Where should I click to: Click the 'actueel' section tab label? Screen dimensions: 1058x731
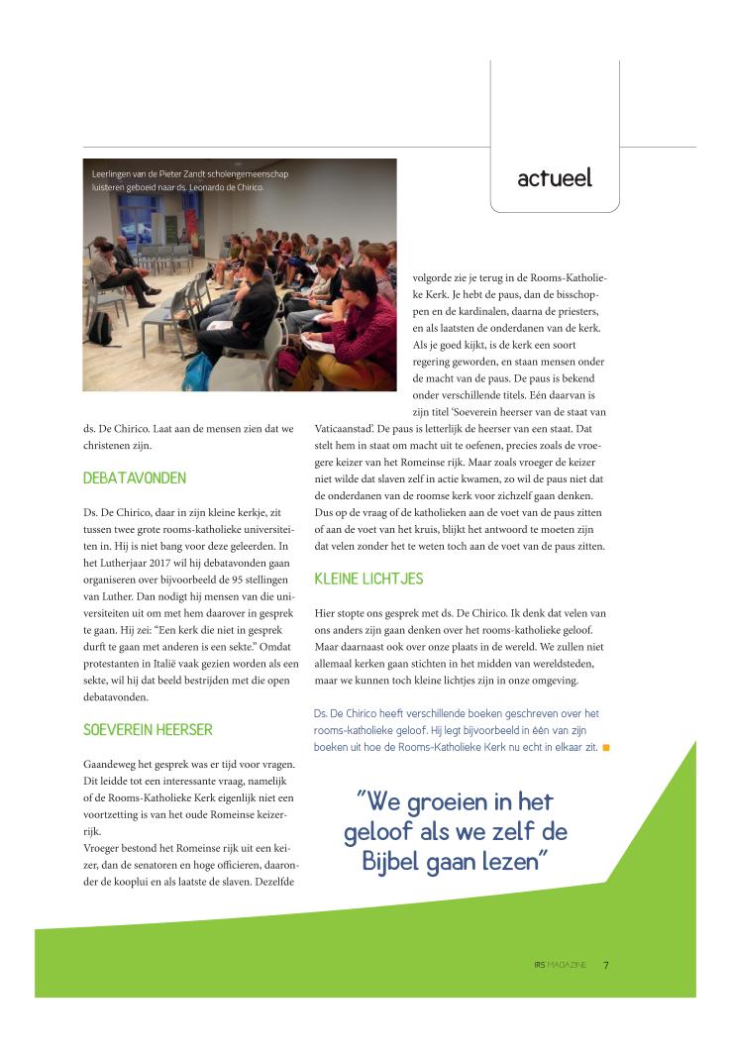(x=554, y=178)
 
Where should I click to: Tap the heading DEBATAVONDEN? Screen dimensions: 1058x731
(x=135, y=477)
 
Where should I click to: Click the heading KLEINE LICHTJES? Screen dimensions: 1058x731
(x=369, y=579)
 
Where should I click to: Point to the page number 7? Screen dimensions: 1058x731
(x=606, y=964)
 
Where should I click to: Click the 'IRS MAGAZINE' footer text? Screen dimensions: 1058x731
(x=560, y=964)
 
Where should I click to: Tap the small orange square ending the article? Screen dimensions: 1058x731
(x=605, y=747)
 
